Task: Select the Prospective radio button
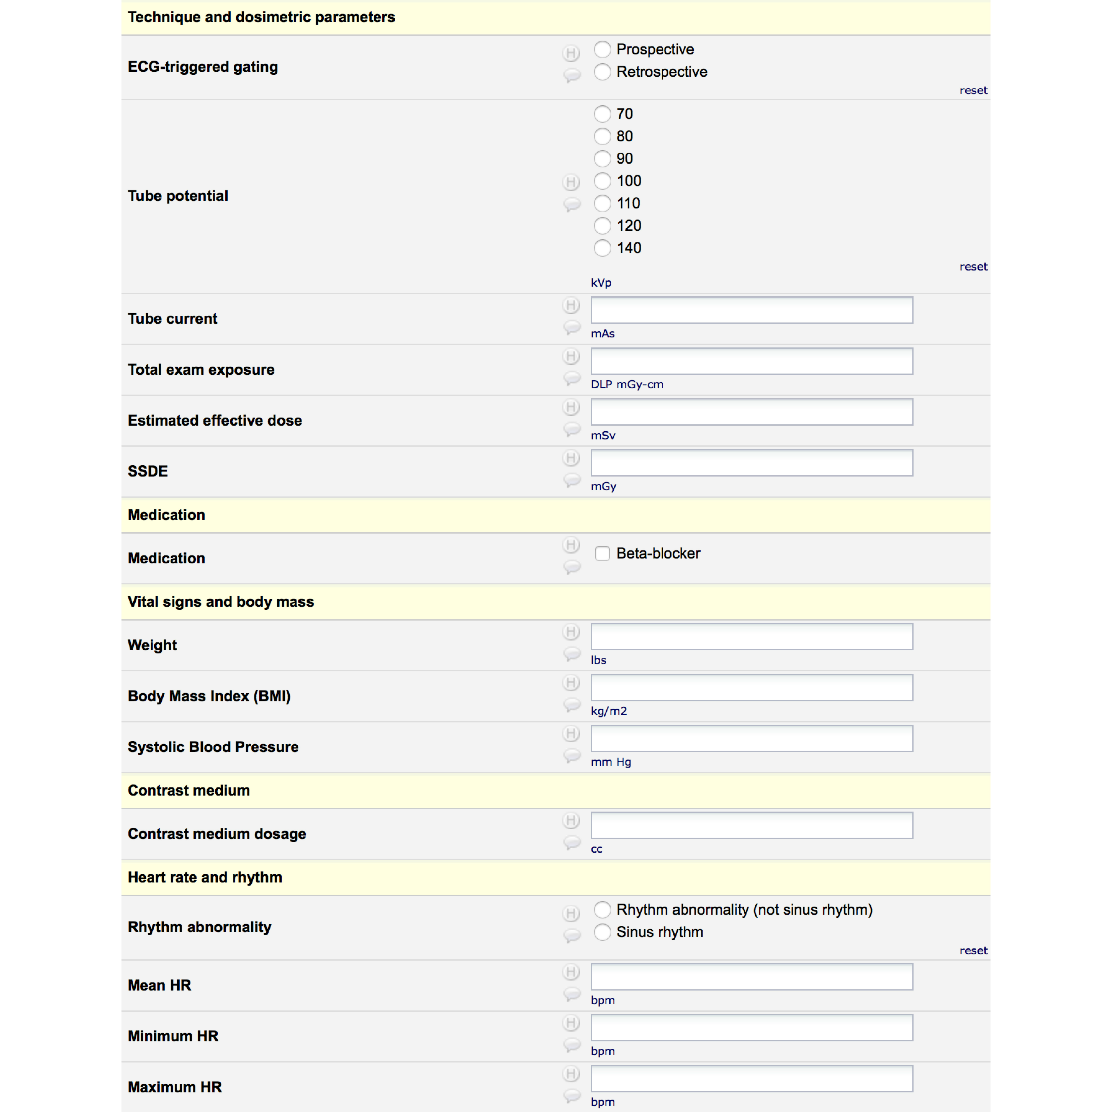coord(602,49)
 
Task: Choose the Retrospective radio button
coord(602,72)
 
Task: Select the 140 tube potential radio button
coord(602,248)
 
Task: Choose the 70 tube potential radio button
coord(602,114)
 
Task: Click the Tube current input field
coord(751,310)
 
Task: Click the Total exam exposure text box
coord(751,361)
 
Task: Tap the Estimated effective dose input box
coord(751,412)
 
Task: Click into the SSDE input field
coord(751,463)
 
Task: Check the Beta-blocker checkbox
coord(602,554)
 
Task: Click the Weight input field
coord(751,637)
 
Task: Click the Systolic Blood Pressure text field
coord(751,738)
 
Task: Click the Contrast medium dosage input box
coord(751,825)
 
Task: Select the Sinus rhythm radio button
coord(602,932)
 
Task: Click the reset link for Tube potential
coord(973,267)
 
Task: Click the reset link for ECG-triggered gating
coord(973,90)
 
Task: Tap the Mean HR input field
coord(751,977)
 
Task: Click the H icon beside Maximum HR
coord(571,1074)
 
